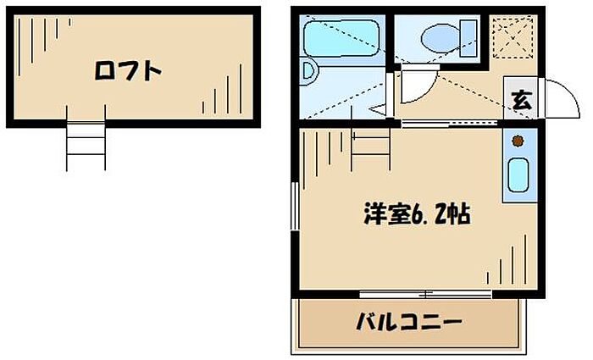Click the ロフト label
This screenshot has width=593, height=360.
click(x=127, y=71)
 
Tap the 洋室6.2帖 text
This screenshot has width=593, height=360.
click(x=417, y=213)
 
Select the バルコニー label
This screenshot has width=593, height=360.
click(x=408, y=322)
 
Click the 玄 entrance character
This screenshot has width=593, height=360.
click(x=520, y=100)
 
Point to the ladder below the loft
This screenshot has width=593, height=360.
click(x=86, y=145)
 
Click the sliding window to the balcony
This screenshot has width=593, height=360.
click(x=424, y=294)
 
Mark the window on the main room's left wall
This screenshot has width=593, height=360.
click(x=293, y=207)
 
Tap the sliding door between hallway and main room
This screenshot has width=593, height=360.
click(x=450, y=124)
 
